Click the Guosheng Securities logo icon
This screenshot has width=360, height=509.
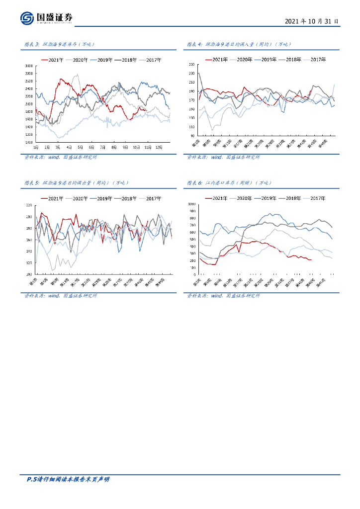[x=27, y=18]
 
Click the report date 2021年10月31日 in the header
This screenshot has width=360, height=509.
[x=312, y=22]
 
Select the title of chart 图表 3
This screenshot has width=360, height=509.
[x=59, y=45]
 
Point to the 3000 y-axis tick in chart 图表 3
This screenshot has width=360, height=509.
[x=28, y=66]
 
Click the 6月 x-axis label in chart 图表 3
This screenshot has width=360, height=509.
[x=91, y=147]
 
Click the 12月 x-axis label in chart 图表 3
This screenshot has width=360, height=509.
[x=159, y=147]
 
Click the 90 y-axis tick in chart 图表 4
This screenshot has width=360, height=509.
[x=192, y=135]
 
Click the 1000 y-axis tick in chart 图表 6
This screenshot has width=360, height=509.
[x=190, y=204]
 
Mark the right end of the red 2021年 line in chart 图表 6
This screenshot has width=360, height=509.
[x=311, y=259]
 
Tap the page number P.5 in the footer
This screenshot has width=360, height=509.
[x=31, y=480]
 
